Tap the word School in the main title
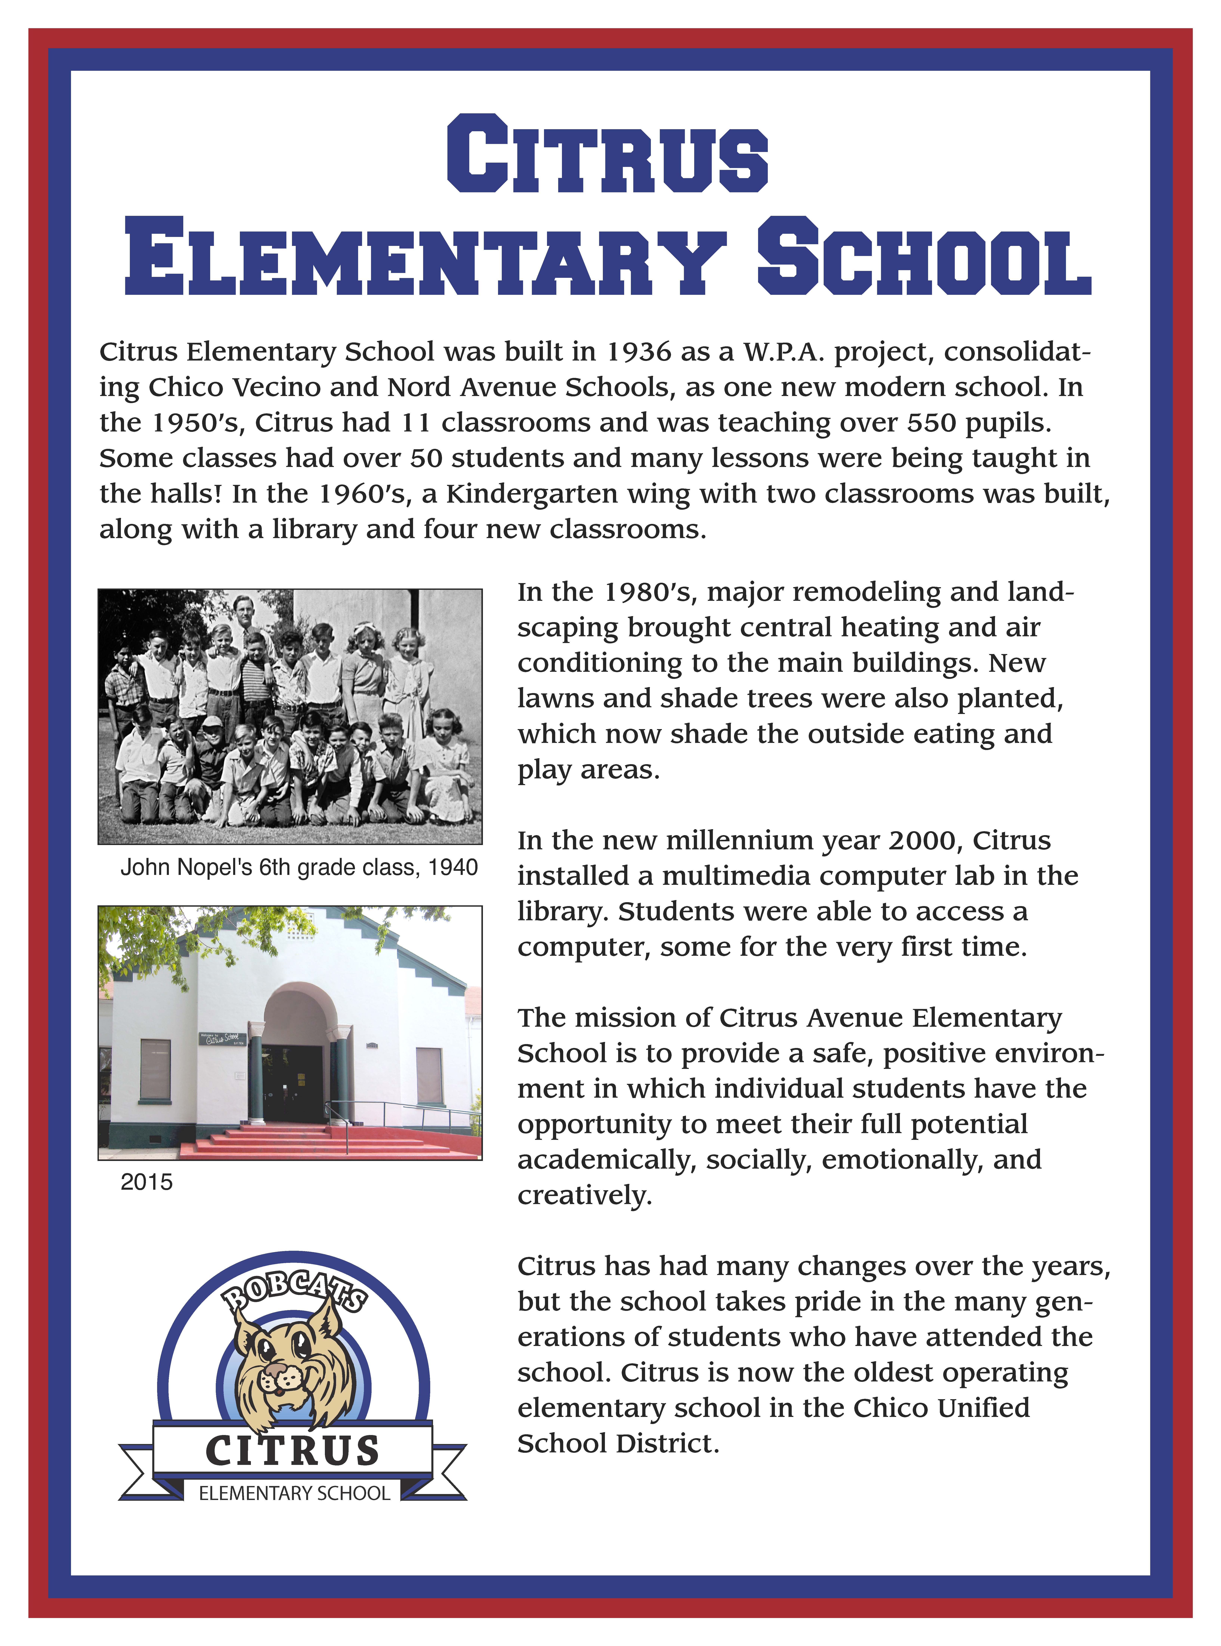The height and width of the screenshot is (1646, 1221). pos(924,257)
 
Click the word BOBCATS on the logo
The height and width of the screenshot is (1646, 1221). pos(296,1291)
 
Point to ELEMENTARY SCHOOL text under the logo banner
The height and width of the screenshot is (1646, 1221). pos(294,1493)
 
